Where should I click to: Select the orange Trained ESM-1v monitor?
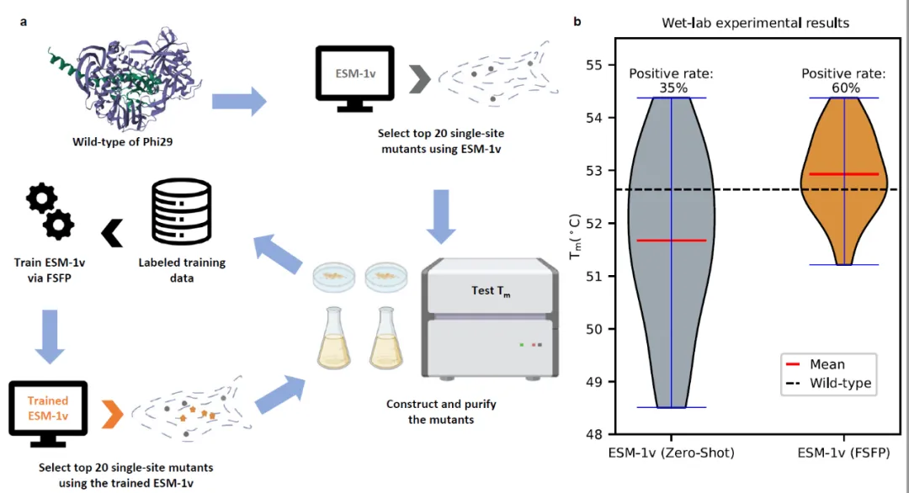click(x=47, y=411)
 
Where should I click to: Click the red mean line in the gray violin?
click(x=671, y=241)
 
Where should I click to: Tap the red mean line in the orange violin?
click(x=843, y=174)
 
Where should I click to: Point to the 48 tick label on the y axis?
click(x=603, y=435)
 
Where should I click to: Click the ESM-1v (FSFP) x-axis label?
click(x=844, y=453)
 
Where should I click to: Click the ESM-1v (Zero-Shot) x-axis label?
click(x=671, y=453)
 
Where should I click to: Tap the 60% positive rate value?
click(x=843, y=87)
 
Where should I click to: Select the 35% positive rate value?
click(x=671, y=87)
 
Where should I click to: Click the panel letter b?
click(x=577, y=21)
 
